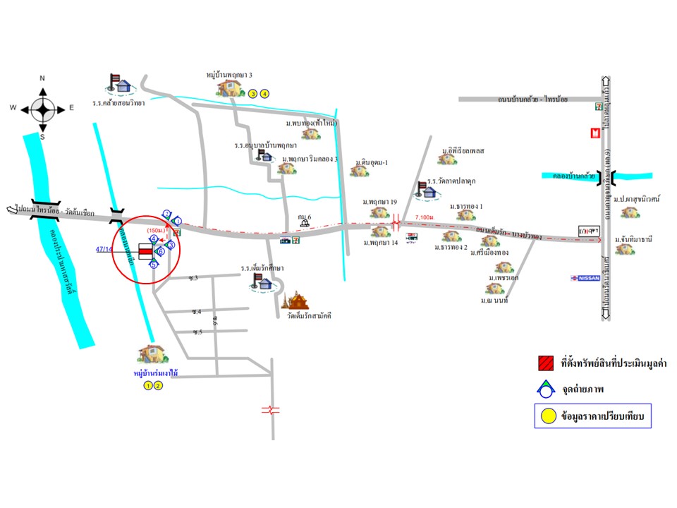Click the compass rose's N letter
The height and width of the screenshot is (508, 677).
(x=42, y=78)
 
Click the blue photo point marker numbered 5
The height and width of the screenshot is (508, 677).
(x=154, y=265)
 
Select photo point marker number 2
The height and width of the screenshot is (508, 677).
(x=166, y=213)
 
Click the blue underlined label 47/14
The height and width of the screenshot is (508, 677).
(x=104, y=249)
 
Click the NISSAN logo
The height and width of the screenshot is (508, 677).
(x=585, y=278)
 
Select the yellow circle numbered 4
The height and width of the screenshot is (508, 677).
(x=264, y=93)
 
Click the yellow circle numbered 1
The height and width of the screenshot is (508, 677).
(x=148, y=385)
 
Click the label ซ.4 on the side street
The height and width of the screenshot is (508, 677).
(x=195, y=311)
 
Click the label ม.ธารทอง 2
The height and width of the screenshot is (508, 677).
(x=451, y=248)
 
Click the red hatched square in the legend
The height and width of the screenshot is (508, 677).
(x=544, y=363)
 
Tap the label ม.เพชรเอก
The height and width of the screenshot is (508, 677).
(x=504, y=278)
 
